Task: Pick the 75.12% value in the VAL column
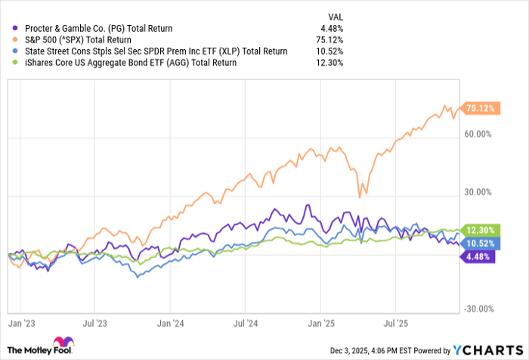330,40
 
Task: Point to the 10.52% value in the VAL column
330,51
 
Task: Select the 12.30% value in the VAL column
330,63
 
